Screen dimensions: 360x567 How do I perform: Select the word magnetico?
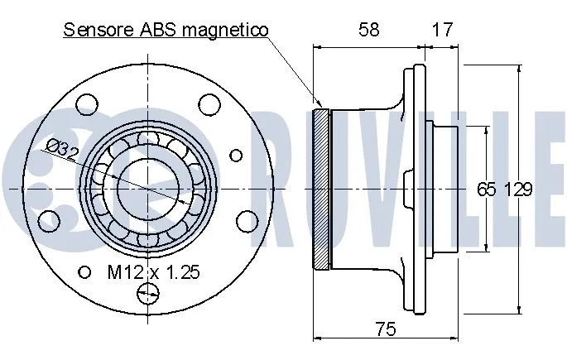[x=227, y=31]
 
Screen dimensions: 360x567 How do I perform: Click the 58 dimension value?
[x=370, y=31]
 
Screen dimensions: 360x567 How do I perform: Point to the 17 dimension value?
[x=444, y=31]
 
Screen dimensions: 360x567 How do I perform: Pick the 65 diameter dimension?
[x=486, y=189]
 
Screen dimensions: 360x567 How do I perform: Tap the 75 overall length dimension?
[x=385, y=329]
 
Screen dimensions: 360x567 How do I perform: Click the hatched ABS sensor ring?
[x=321, y=189]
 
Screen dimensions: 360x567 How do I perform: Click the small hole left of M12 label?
[x=84, y=271]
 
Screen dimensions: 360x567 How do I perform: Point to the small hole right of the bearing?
[x=236, y=155]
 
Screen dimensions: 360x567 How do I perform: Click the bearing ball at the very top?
[x=149, y=137]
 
